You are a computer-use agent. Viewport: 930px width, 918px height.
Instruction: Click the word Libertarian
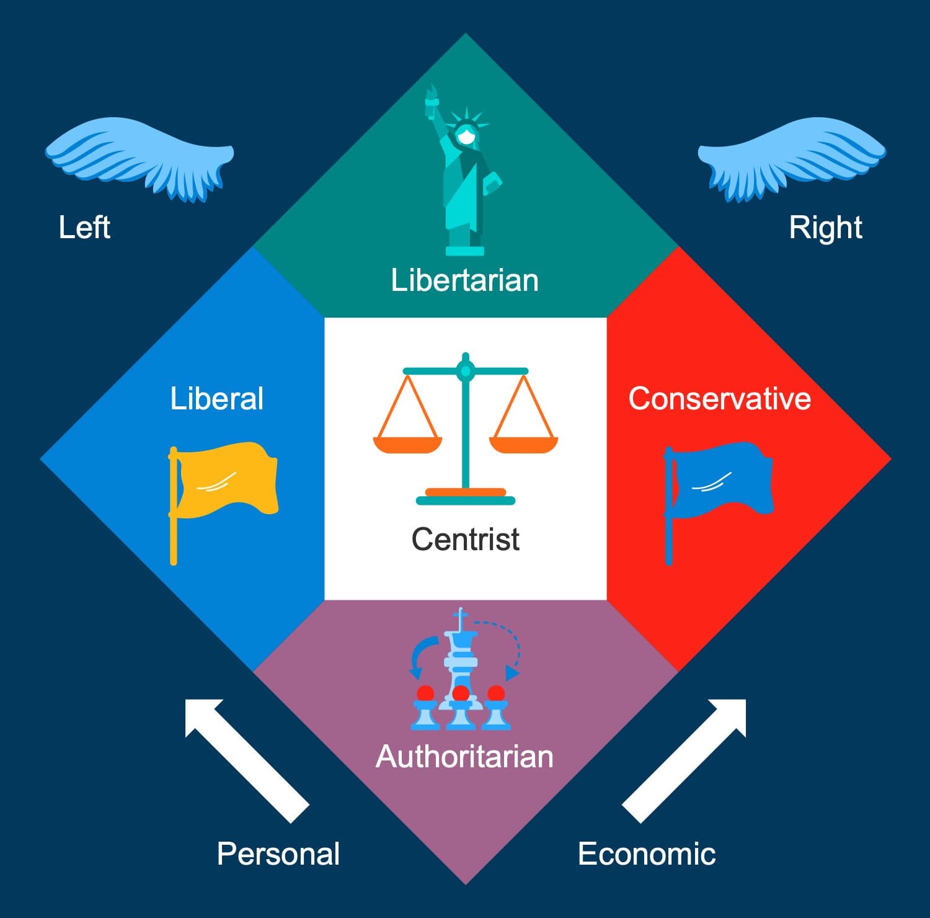(464, 280)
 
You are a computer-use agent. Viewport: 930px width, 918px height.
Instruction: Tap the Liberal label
(217, 399)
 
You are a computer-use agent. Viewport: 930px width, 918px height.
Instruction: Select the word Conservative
(719, 399)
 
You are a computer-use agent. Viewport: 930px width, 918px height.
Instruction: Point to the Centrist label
(465, 539)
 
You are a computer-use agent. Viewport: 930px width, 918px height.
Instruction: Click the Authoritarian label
(464, 757)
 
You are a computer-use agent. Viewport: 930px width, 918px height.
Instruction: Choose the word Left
(84, 227)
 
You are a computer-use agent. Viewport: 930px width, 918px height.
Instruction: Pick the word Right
(825, 228)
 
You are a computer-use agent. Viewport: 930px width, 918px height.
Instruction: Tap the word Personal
(278, 854)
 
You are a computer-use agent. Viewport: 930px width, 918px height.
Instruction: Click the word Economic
(647, 854)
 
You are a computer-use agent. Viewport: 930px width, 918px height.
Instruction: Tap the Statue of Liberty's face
(466, 135)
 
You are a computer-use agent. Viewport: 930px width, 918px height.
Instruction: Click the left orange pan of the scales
(407, 444)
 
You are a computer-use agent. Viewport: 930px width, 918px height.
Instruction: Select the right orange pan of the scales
(523, 444)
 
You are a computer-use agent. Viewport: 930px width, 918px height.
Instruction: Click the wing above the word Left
(139, 155)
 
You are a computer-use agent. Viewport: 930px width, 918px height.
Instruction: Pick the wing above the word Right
(792, 155)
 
